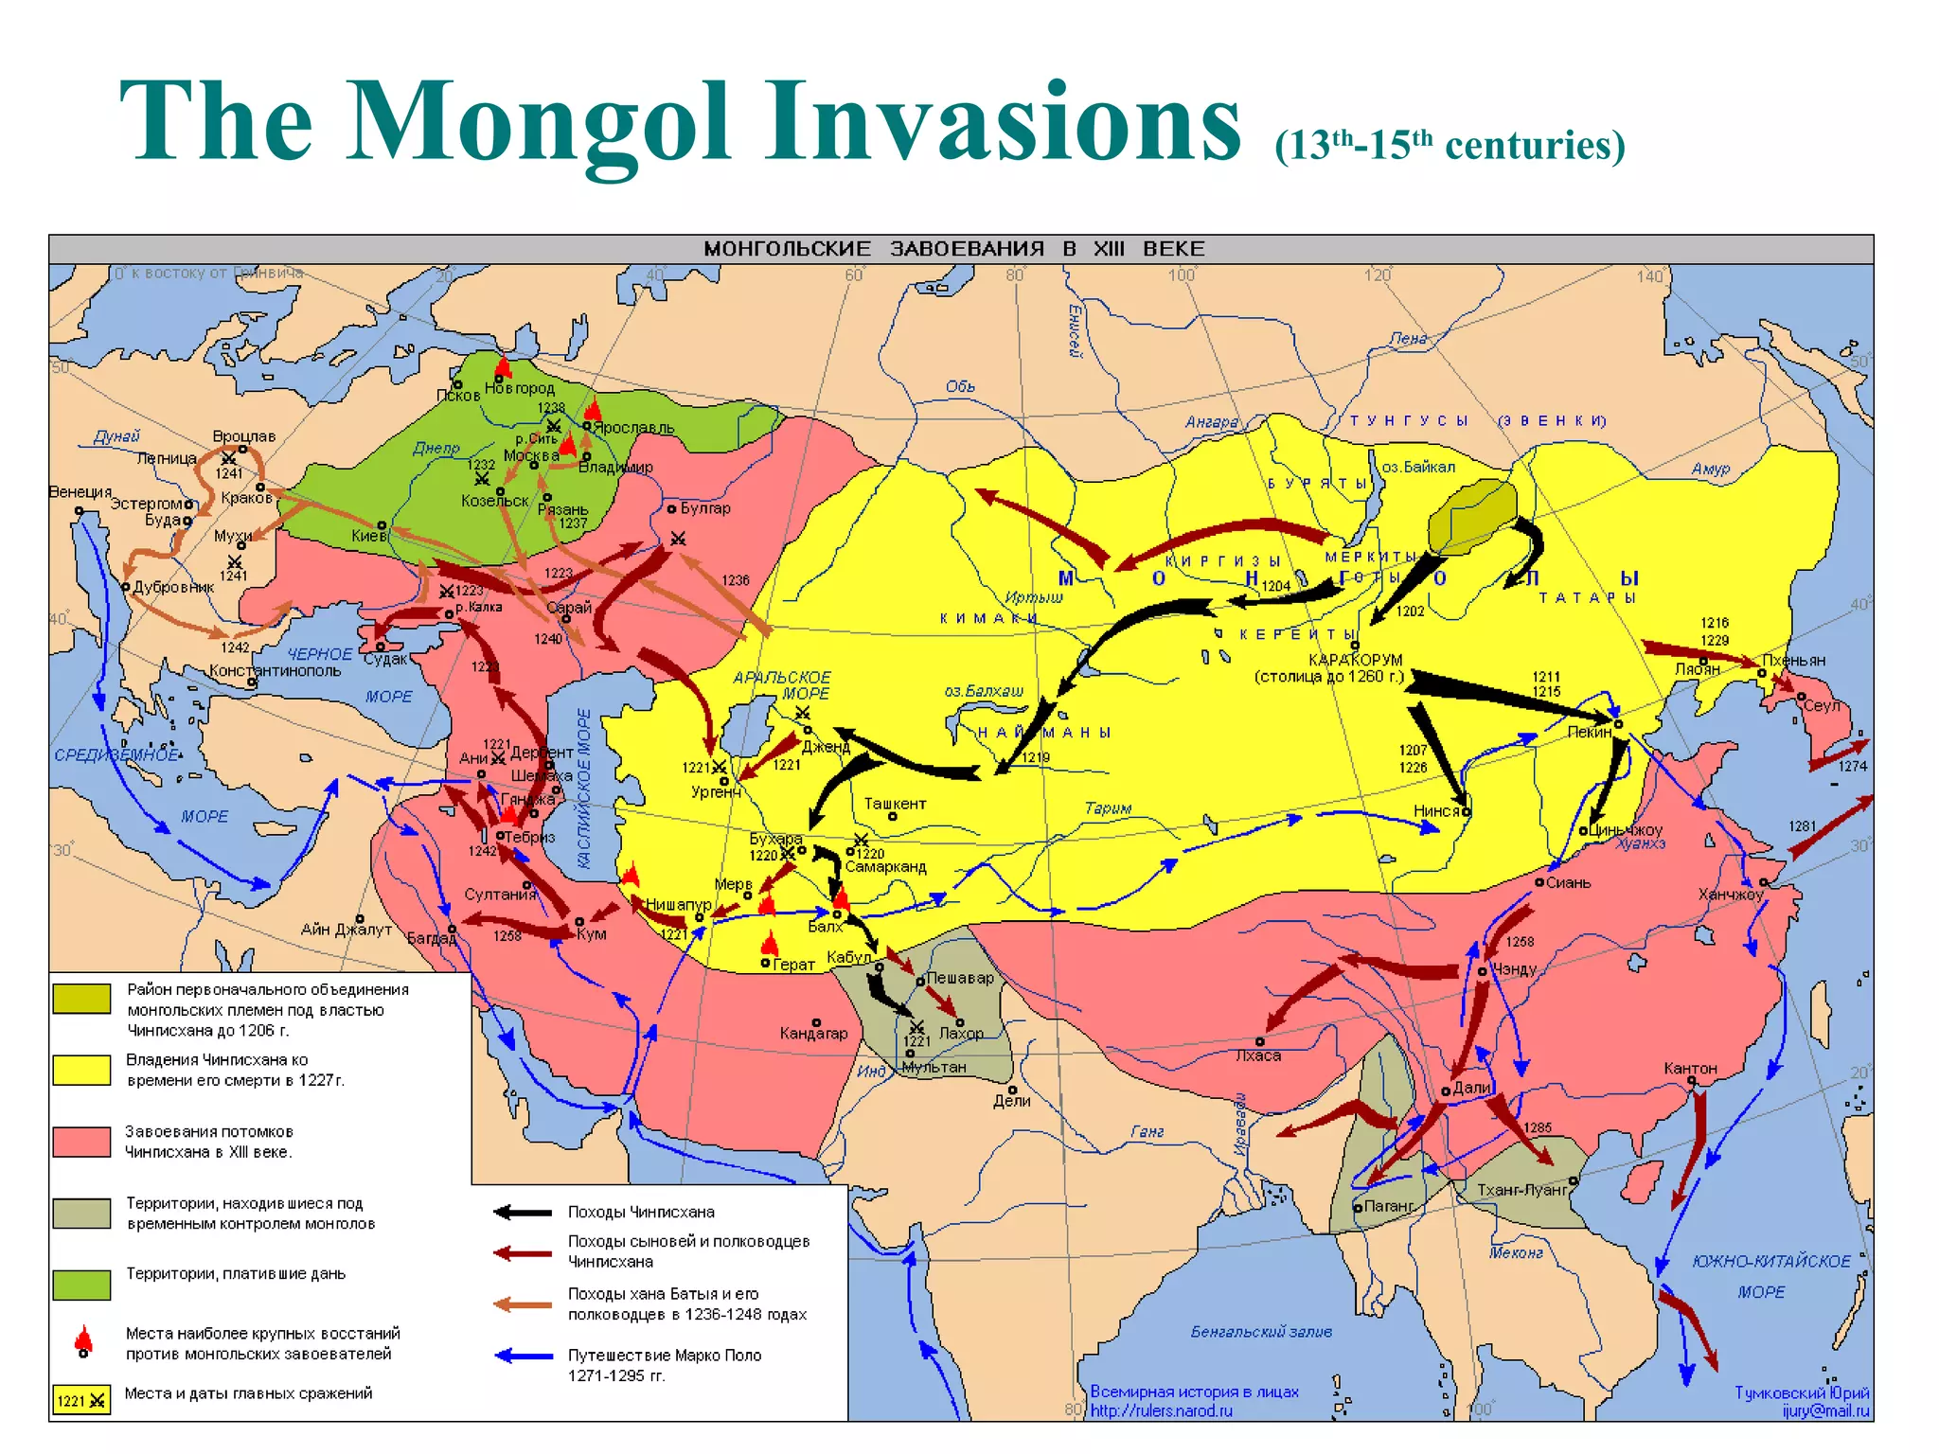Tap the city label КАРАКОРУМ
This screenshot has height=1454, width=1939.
(1355, 660)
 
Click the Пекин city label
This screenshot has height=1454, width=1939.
(1589, 732)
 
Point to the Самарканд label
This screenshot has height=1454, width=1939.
(885, 866)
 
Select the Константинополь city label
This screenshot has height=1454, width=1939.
(275, 670)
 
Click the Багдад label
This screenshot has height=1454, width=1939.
(431, 938)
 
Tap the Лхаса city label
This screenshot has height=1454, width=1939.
(1258, 1055)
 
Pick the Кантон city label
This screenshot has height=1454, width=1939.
(1690, 1068)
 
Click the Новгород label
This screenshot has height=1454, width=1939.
(519, 388)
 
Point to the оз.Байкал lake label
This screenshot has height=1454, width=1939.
(1417, 467)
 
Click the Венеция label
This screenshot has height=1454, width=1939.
(80, 492)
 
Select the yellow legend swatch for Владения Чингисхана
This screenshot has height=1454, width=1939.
(81, 1070)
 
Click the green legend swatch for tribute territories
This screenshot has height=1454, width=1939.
(81, 1284)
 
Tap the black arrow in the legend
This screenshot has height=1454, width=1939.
(523, 1213)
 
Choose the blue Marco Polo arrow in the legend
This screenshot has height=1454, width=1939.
(524, 1356)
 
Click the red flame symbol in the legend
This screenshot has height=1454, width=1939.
(83, 1339)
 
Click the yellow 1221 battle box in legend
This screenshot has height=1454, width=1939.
(81, 1400)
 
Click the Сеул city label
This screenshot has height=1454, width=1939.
(1822, 705)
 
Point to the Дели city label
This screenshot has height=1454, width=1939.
(1011, 1100)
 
